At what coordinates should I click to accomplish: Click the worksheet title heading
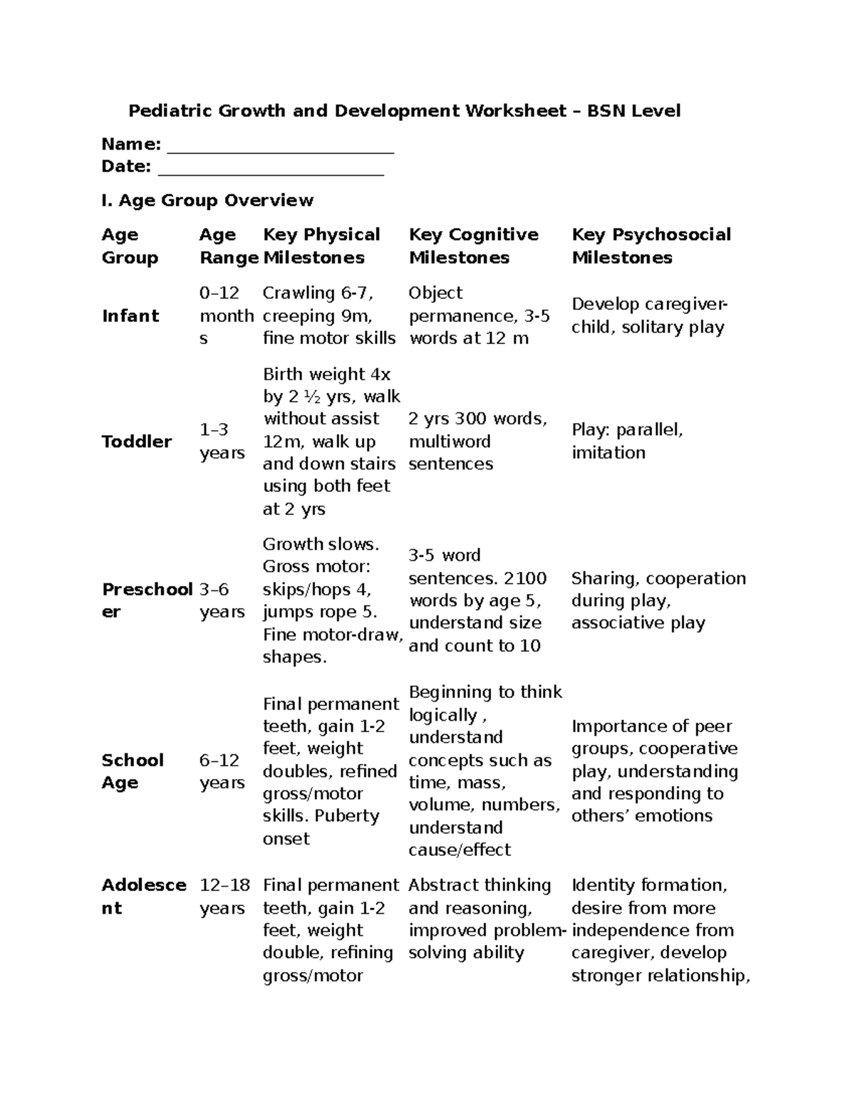tap(404, 111)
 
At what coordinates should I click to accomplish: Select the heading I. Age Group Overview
tap(207, 200)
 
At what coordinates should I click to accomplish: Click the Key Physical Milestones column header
tap(321, 246)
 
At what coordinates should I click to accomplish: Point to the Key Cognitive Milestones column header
tap(473, 246)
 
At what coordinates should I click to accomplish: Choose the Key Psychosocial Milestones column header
tap(651, 246)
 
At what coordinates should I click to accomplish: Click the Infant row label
tap(130, 315)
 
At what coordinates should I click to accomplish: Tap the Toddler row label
tap(137, 442)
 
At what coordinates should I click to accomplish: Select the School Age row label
tap(133, 771)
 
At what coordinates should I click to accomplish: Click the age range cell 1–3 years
tap(222, 442)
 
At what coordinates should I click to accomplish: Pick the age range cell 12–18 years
tap(224, 897)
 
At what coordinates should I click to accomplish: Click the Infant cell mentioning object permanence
tap(479, 315)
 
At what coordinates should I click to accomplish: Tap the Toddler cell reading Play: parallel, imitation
tap(627, 442)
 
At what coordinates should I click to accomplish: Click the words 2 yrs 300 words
tap(477, 419)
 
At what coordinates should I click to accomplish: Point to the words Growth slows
tap(321, 544)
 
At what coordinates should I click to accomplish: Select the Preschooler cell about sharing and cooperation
tap(658, 600)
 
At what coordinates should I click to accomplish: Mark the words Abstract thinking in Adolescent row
tap(480, 885)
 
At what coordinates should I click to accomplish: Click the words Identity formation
tap(649, 885)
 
